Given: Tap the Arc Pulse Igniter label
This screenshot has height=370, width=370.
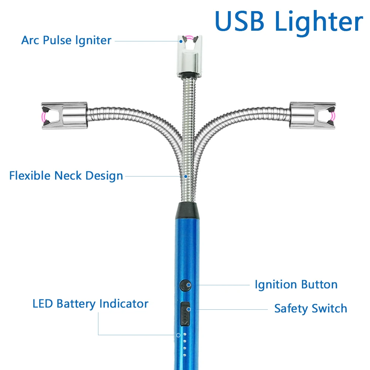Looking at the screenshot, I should (x=66, y=40).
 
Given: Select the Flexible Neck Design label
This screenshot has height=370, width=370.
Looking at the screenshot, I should (x=66, y=175).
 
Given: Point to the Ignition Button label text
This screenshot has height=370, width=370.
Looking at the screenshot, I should (x=296, y=285).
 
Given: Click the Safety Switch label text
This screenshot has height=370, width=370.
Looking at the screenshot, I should (x=310, y=308).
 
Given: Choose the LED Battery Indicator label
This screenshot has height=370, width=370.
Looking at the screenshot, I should (x=90, y=304).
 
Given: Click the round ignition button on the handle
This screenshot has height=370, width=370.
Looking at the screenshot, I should (x=185, y=285).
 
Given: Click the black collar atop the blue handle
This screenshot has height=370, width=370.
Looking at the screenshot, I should (x=188, y=210).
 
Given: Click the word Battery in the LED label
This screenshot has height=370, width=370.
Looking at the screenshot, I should (x=77, y=304).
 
